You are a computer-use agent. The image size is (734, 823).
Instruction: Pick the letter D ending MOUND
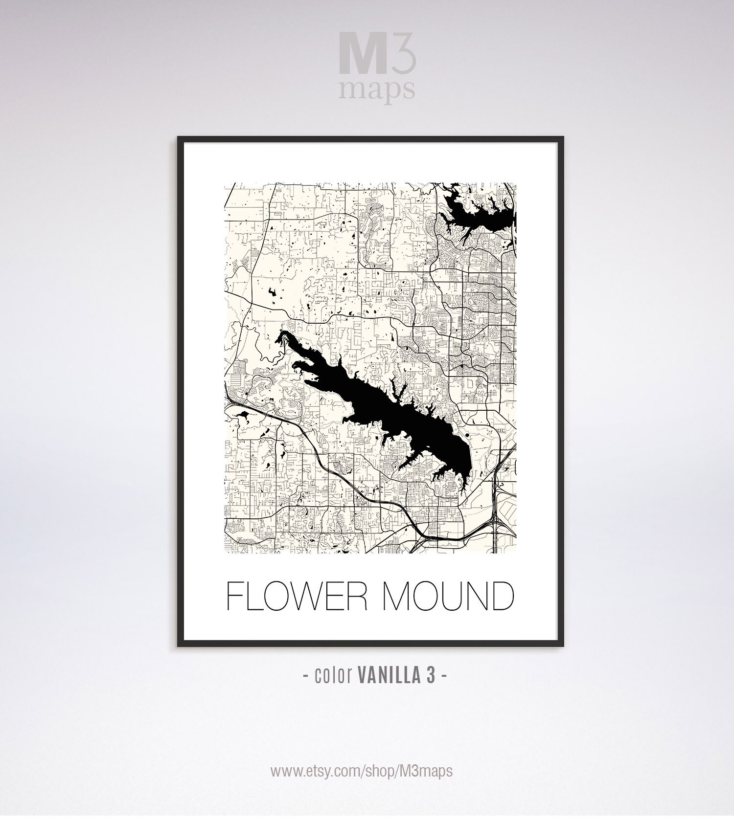pyautogui.click(x=501, y=596)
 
